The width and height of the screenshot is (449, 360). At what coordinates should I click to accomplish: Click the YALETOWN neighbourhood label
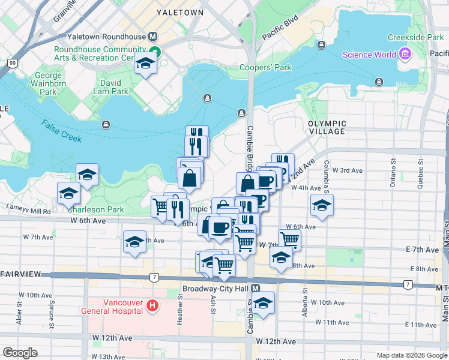tap(179, 12)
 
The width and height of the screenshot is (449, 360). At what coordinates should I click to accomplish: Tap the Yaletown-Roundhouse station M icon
tap(152, 37)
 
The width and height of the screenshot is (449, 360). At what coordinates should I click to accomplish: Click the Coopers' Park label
tap(265, 68)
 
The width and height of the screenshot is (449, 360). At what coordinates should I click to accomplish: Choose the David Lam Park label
tap(110, 87)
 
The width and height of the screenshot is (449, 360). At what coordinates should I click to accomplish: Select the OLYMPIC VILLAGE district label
tap(327, 127)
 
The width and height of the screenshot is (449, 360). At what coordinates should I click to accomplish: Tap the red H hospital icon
tap(152, 306)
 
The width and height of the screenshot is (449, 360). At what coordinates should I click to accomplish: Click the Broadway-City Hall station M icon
tap(256, 289)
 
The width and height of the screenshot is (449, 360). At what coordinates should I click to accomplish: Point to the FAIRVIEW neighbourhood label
tap(21, 274)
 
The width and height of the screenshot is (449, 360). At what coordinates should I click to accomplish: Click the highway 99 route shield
tap(11, 62)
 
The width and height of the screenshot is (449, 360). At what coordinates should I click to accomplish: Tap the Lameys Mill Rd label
tap(28, 211)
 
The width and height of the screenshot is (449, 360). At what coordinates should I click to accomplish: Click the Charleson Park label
tap(95, 210)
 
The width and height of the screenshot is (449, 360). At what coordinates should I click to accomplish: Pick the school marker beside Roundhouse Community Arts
tap(145, 63)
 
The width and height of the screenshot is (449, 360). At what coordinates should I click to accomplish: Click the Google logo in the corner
tap(20, 353)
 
